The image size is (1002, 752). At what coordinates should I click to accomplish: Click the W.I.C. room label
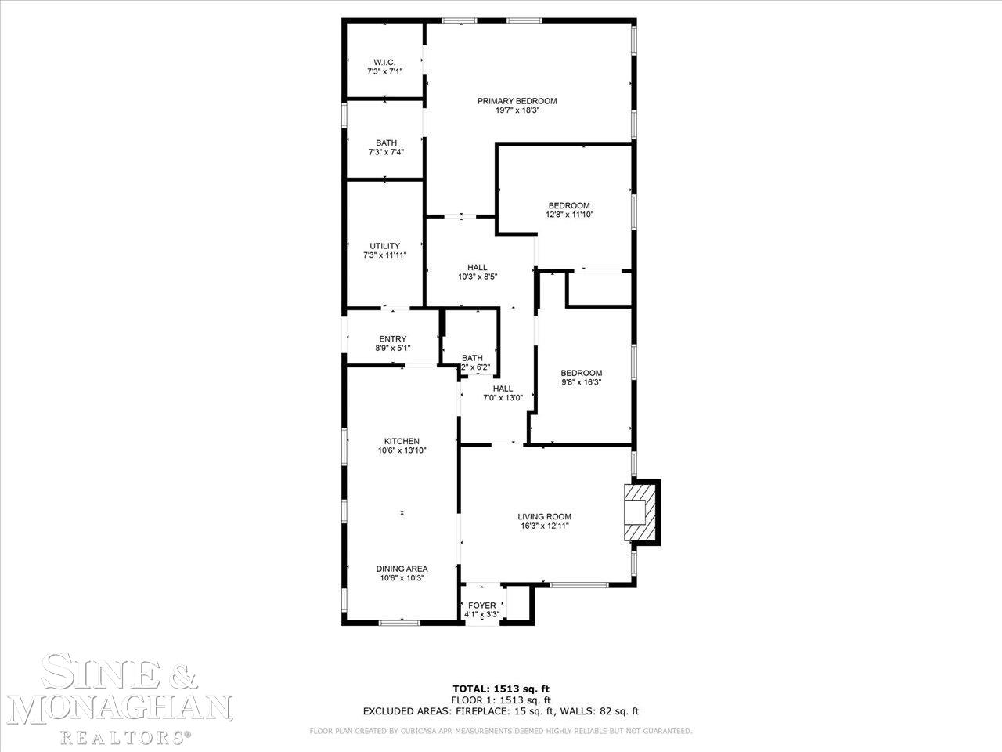pyautogui.click(x=384, y=62)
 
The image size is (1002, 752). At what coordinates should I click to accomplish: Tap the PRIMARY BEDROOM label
pyautogui.click(x=517, y=101)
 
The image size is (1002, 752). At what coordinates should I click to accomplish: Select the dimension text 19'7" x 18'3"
pyautogui.click(x=517, y=111)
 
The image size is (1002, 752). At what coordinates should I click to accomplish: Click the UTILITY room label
pyautogui.click(x=384, y=246)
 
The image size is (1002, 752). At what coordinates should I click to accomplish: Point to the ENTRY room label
pyautogui.click(x=392, y=339)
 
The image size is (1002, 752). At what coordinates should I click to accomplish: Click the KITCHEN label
pyautogui.click(x=401, y=441)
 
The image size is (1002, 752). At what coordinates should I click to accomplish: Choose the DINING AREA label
pyautogui.click(x=402, y=569)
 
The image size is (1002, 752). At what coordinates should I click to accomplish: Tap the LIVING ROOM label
pyautogui.click(x=544, y=516)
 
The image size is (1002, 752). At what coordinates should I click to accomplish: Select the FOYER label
pyautogui.click(x=481, y=606)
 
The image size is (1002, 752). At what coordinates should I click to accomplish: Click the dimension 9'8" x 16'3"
pyautogui.click(x=581, y=383)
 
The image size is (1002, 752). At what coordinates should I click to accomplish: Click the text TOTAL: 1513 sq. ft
pyautogui.click(x=501, y=689)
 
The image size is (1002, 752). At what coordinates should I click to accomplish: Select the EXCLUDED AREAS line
pyautogui.click(x=501, y=711)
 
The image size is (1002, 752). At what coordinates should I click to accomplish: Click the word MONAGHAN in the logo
pyautogui.click(x=124, y=709)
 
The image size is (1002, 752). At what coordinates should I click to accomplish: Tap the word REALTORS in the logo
pyautogui.click(x=124, y=737)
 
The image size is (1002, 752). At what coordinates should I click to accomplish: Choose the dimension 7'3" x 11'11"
pyautogui.click(x=384, y=255)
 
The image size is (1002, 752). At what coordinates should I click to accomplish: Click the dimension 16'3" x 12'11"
pyautogui.click(x=544, y=526)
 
